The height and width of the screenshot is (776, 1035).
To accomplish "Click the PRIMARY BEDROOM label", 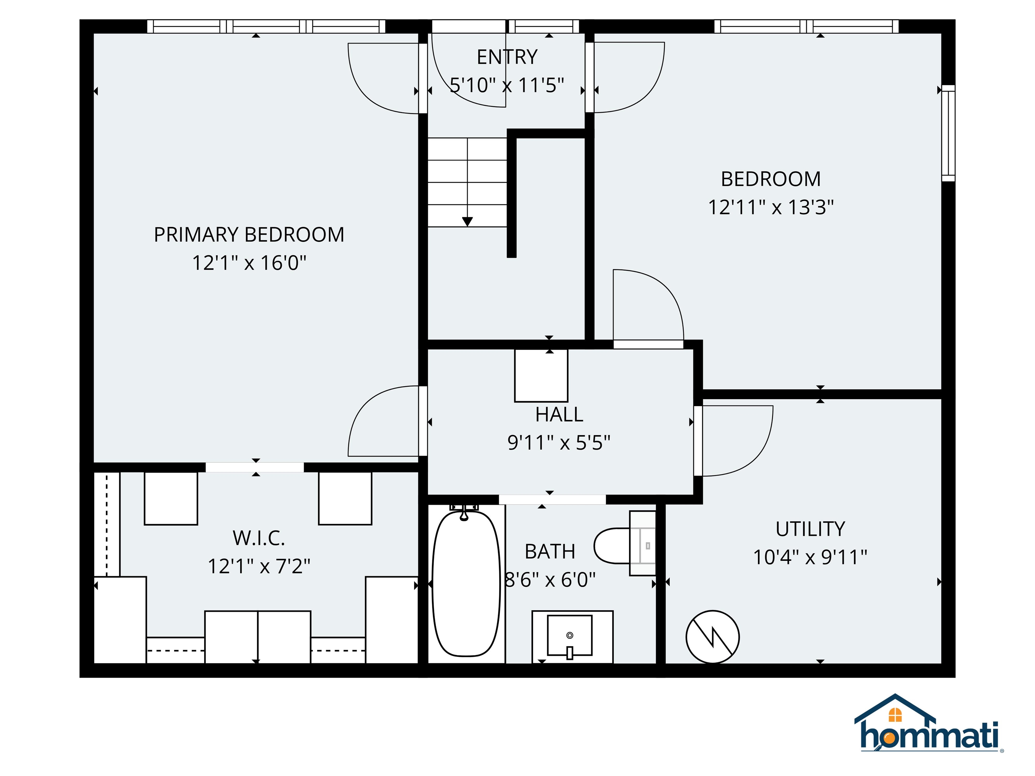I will pyautogui.click(x=249, y=234).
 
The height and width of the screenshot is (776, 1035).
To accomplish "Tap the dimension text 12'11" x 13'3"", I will pyautogui.click(x=771, y=207).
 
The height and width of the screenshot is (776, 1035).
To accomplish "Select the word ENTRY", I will pyautogui.click(x=507, y=57).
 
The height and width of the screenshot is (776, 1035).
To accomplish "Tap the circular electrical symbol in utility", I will pyautogui.click(x=712, y=637).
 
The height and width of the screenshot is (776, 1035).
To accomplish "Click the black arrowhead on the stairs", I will pyautogui.click(x=467, y=222).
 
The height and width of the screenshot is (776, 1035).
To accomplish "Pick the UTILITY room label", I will pyautogui.click(x=810, y=529).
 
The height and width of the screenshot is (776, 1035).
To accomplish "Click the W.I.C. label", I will pyautogui.click(x=259, y=538).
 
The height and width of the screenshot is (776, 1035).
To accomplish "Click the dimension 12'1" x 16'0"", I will pyautogui.click(x=249, y=263).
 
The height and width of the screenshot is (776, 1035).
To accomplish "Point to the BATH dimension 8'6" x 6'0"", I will pyautogui.click(x=550, y=580).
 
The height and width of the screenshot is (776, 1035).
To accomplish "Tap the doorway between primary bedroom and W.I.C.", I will pyautogui.click(x=255, y=467).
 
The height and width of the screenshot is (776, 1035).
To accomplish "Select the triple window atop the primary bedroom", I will pyautogui.click(x=266, y=27).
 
